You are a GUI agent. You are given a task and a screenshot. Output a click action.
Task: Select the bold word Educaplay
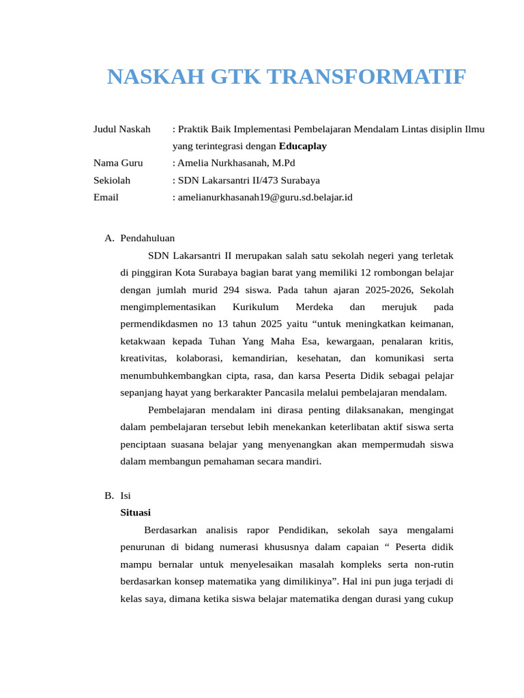(302, 146)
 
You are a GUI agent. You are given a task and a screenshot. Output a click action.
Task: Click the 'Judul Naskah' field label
(121, 129)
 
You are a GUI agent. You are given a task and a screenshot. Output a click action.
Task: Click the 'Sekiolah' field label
(111, 181)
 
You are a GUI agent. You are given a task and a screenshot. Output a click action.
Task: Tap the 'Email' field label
(106, 198)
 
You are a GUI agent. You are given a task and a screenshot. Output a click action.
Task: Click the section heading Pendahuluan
(147, 238)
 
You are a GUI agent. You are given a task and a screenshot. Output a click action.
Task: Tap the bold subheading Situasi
(135, 513)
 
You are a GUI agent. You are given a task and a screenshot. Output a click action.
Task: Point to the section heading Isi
(126, 496)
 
